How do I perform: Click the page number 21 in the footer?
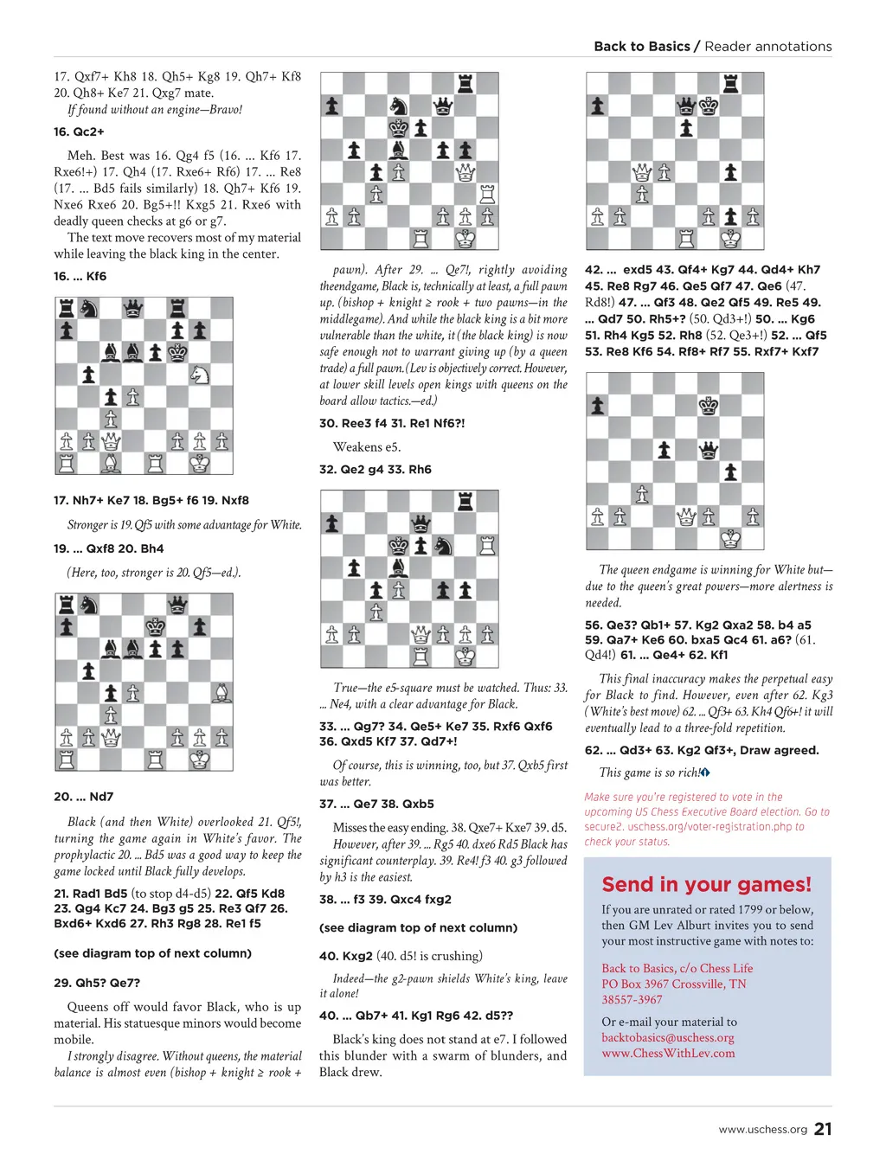click(823, 1128)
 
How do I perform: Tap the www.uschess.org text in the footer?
click(762, 1129)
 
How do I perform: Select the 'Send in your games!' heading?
click(707, 884)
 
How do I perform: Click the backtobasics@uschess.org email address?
click(667, 1037)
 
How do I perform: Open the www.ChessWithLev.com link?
click(668, 1053)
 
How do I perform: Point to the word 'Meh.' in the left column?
click(81, 156)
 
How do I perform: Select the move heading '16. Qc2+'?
click(79, 132)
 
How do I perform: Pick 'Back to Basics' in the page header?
click(642, 47)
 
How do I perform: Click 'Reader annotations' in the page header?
click(768, 47)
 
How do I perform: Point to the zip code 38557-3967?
click(632, 999)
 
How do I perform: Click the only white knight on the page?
click(200, 375)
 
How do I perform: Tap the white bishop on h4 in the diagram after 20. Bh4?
click(221, 693)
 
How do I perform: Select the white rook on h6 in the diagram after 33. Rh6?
click(487, 545)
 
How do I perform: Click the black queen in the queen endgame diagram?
click(709, 450)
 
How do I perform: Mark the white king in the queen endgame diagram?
click(731, 539)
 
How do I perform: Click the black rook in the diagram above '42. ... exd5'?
click(731, 84)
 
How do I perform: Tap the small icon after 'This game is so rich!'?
click(705, 773)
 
